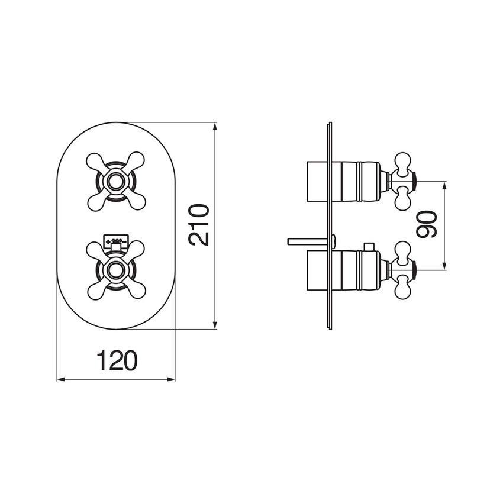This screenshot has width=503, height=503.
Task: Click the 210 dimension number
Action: tap(199, 225)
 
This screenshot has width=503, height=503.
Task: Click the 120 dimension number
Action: tap(116, 360)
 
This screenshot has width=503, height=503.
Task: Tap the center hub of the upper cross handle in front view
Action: tap(116, 180)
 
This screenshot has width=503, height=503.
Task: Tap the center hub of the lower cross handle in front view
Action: tap(116, 270)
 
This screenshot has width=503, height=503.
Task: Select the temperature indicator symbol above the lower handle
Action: tap(116, 241)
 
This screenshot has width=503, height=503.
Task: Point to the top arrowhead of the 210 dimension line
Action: tap(214, 126)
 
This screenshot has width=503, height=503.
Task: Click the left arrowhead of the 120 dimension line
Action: tap(60, 379)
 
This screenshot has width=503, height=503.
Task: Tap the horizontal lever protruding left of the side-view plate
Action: tap(305, 240)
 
